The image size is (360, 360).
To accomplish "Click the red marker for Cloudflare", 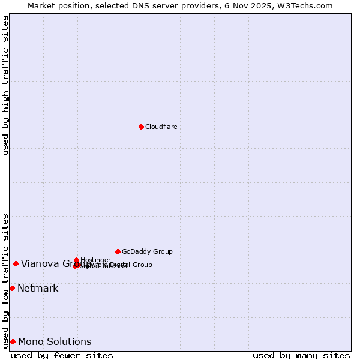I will click(141, 127).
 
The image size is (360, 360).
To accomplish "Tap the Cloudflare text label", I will click(161, 127).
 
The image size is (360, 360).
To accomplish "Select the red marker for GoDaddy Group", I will click(118, 251).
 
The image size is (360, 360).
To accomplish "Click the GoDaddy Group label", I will click(147, 251).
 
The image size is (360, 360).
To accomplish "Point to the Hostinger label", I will click(95, 260).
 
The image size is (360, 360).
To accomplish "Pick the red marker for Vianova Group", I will click(16, 263).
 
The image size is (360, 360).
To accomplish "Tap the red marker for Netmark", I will click(12, 288).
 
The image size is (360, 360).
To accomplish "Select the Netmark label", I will click(38, 289).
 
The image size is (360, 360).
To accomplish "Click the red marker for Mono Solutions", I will click(13, 341).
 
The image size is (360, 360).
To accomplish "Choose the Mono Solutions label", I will click(55, 342).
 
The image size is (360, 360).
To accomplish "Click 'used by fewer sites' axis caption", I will click(62, 355).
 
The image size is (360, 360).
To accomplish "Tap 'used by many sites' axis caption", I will click(301, 355).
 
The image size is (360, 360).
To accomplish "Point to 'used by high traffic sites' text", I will click(5, 85).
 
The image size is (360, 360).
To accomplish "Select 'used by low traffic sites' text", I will click(5, 280).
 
